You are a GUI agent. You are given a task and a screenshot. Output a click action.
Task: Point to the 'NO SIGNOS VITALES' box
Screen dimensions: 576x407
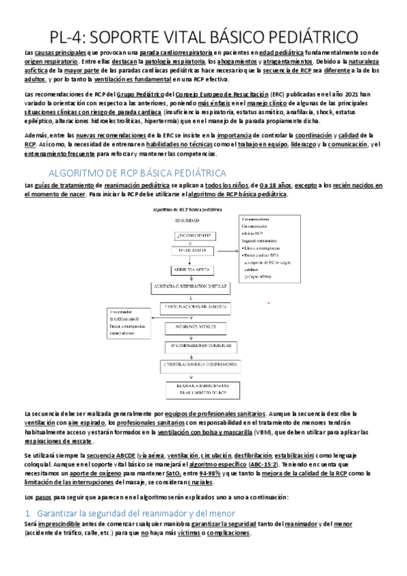(192, 327)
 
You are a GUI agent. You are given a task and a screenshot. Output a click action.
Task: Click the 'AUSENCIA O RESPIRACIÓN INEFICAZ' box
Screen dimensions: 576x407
(192, 287)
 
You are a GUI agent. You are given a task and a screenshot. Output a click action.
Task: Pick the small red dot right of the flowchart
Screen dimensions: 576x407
(270, 303)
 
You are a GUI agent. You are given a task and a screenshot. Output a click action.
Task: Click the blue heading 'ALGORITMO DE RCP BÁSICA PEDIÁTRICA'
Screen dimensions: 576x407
(138, 173)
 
